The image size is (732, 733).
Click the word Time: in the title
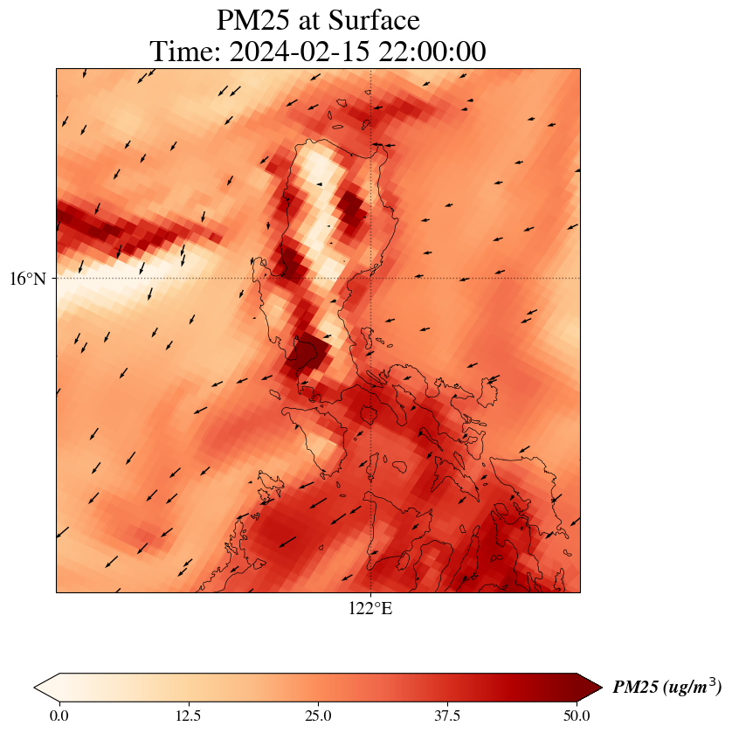(186, 52)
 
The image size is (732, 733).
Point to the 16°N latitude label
(31, 279)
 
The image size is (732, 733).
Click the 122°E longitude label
(370, 609)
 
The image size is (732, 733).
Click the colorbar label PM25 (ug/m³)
(666, 688)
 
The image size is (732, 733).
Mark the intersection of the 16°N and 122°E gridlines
(371, 279)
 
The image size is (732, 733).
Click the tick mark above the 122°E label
(371, 594)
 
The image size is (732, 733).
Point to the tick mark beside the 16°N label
(55, 279)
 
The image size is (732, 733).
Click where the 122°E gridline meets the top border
(371, 69)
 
